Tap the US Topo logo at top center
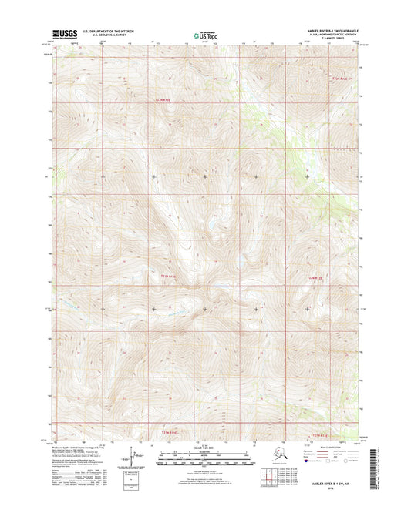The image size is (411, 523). [x=204, y=35]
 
